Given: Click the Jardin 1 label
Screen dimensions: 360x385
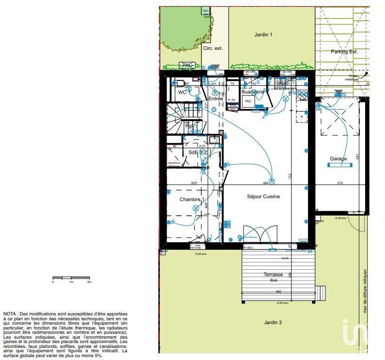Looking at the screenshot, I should coord(263,35).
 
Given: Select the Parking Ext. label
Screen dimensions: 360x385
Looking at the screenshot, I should coord(344,51).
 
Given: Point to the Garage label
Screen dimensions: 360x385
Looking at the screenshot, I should coord(338,158).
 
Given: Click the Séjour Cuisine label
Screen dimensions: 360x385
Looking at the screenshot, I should coord(263,196).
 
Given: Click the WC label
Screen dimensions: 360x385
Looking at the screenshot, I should coord(182,92).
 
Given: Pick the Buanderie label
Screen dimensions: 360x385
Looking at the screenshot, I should coord(252,92).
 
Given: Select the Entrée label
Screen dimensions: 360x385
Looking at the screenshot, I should coord(216,99).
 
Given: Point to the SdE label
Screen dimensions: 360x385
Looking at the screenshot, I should coord(193,152).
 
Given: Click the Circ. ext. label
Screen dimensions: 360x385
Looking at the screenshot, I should coord(213,48).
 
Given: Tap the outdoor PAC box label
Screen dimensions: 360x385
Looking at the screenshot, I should coord(187,65).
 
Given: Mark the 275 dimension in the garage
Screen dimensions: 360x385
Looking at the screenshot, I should coord(340,183).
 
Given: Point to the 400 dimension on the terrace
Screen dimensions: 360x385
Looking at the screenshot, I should coord(278,292).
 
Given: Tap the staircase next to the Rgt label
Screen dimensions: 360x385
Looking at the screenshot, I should coord(179,116).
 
